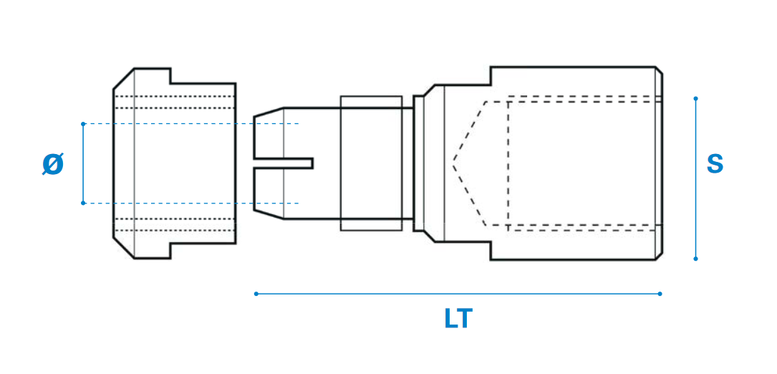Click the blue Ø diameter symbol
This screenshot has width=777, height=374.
(x=53, y=165)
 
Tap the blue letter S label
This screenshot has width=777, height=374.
(x=715, y=164)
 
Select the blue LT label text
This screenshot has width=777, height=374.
(x=458, y=319)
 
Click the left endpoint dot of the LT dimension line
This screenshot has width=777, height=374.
(x=256, y=293)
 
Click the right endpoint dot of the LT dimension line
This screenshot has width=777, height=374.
(x=660, y=293)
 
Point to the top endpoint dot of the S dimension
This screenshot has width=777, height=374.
(x=695, y=98)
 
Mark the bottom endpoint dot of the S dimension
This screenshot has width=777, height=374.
(x=695, y=259)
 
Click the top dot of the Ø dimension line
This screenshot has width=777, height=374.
(x=83, y=124)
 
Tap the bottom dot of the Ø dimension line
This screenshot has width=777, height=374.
(x=83, y=203)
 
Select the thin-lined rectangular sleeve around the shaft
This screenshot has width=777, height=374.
(x=371, y=163)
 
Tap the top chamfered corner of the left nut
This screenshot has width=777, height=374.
(x=123, y=79)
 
